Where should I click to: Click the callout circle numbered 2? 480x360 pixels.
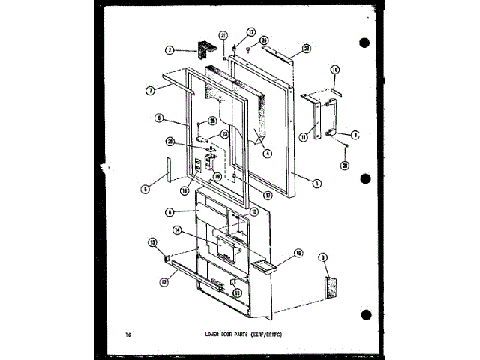click(x=170, y=51)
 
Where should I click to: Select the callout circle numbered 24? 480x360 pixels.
click(x=264, y=40)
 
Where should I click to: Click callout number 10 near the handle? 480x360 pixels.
click(x=335, y=70)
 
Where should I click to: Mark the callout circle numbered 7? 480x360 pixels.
click(x=150, y=90)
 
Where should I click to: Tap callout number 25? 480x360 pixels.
click(x=213, y=121)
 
